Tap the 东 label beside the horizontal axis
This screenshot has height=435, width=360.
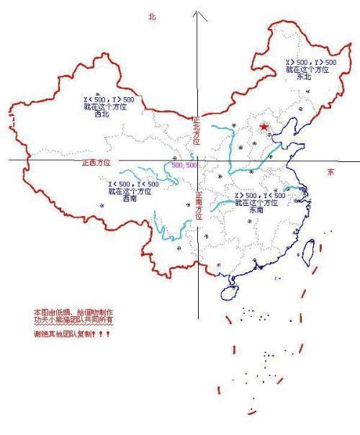click(x=330, y=173)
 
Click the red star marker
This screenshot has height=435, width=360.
click(x=264, y=127)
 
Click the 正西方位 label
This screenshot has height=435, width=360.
click(x=96, y=163)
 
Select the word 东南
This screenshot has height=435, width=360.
click(x=257, y=210)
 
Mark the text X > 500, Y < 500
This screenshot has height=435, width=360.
click(x=260, y=196)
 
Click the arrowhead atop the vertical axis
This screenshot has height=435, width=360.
click(x=200, y=14)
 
